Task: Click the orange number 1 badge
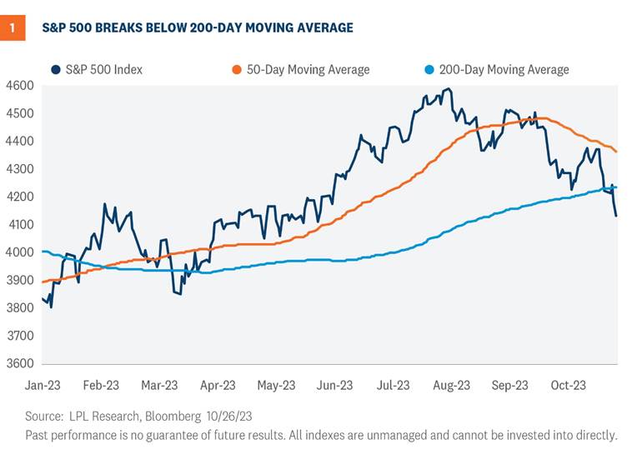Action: click(x=12, y=28)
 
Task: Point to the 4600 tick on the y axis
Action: click(x=19, y=85)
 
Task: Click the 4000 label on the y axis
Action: click(x=19, y=252)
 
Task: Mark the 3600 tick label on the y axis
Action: click(x=19, y=364)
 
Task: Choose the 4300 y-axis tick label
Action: click(x=19, y=169)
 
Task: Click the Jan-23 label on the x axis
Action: click(x=43, y=385)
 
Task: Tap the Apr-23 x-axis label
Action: click(x=218, y=385)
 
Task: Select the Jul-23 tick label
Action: click(x=393, y=385)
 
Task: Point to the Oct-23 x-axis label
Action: click(x=568, y=385)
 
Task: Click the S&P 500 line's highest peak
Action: click(x=449, y=89)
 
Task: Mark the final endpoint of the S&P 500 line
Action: click(x=616, y=216)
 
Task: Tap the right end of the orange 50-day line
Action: click(x=616, y=151)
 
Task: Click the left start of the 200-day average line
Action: click(x=43, y=252)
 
